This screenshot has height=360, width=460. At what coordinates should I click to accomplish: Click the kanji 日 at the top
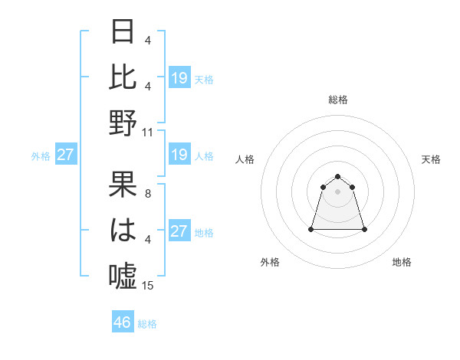coord(123,32)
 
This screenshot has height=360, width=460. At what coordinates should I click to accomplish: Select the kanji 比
coord(123,77)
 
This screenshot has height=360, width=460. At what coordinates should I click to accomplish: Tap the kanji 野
coord(123,122)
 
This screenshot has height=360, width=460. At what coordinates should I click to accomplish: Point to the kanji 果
coord(123,185)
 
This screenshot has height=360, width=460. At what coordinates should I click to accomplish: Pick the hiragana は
coord(123,230)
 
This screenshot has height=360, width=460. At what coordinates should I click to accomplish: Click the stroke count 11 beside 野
coord(148,132)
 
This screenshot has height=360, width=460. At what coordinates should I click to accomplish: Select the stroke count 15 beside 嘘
coord(148,286)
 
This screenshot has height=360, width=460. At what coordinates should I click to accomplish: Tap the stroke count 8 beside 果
coord(148,194)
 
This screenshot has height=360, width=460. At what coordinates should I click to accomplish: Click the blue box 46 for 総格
coord(123,322)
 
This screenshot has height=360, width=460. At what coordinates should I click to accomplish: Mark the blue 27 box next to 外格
coord(65,155)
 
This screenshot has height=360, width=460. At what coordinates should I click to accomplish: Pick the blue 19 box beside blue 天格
coord(179,77)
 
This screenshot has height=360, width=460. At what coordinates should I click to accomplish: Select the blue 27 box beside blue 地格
coord(179,231)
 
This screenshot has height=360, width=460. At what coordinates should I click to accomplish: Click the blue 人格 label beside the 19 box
coord(204,156)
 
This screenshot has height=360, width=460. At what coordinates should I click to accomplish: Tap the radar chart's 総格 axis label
coord(338,100)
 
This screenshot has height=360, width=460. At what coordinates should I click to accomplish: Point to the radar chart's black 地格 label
coord(402,262)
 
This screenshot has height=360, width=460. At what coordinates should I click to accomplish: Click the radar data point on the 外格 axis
coord(311,229)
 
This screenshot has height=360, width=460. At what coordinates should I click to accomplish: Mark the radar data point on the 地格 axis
coord(364,229)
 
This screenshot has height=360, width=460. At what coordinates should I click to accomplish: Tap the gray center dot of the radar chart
coord(338,191)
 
